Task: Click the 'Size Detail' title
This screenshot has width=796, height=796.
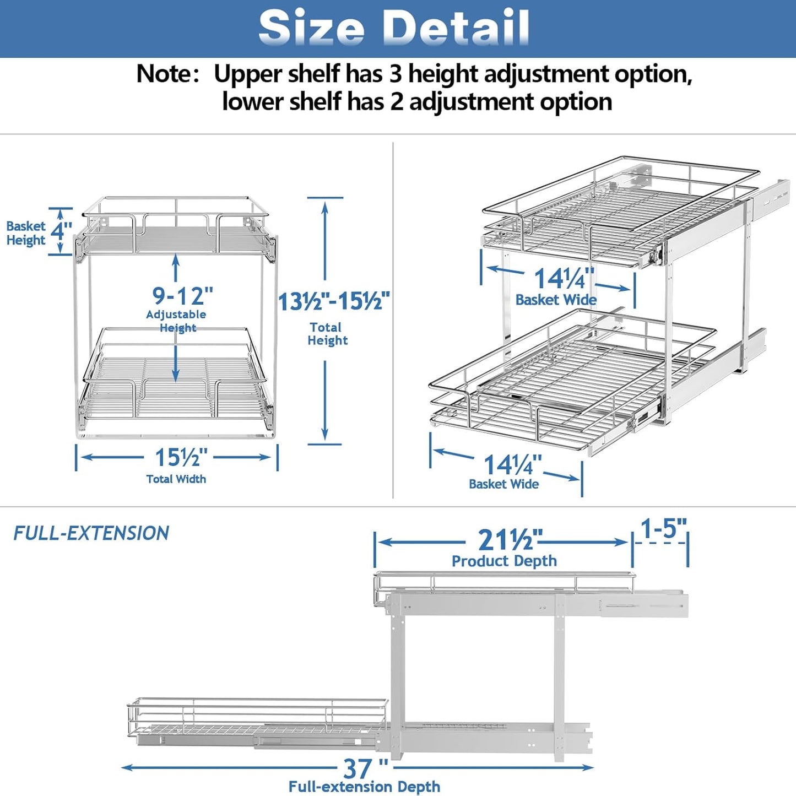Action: (x=394, y=28)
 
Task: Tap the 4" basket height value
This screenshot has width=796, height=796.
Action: (x=61, y=231)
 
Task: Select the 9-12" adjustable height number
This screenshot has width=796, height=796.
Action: (x=182, y=296)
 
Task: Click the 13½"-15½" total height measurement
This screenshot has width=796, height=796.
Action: (x=334, y=302)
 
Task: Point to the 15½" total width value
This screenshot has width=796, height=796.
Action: (x=181, y=458)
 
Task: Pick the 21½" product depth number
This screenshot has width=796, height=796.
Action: (x=510, y=540)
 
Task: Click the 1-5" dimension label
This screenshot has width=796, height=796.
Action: (x=663, y=529)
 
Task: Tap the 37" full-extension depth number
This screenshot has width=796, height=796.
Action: (x=365, y=768)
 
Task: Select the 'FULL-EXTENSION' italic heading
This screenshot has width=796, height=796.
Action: (x=91, y=533)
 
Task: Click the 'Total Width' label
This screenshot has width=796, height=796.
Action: (x=176, y=479)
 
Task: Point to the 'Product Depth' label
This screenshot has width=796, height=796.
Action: (x=504, y=561)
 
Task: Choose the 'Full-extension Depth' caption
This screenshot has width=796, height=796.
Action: (x=364, y=787)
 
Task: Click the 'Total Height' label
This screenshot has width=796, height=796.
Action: (x=327, y=334)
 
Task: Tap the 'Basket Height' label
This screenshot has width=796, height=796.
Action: (x=26, y=233)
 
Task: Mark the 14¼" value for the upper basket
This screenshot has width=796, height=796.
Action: (x=564, y=278)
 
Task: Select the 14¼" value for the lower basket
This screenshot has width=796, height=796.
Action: (x=512, y=465)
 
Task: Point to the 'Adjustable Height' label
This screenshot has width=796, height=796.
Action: (x=176, y=321)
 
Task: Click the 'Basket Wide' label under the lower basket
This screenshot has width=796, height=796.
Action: (x=503, y=484)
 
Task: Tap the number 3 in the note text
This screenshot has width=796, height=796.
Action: (x=396, y=74)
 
